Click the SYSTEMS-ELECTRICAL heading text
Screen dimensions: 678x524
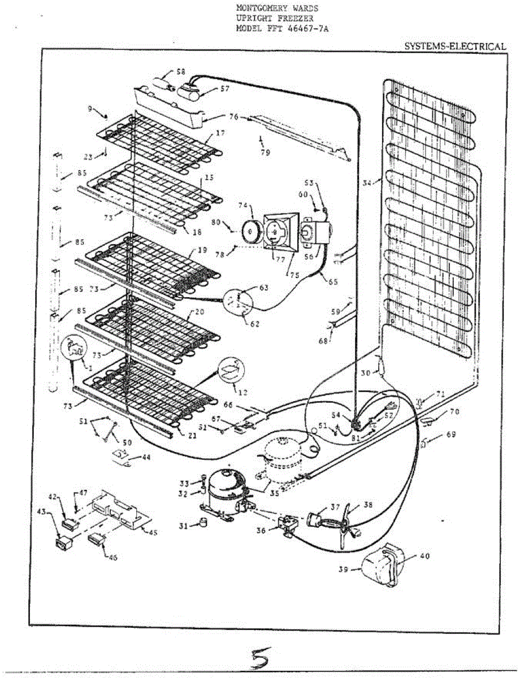[x=455, y=46]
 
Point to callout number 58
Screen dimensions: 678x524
[x=180, y=72]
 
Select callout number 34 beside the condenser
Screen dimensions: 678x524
[x=368, y=182]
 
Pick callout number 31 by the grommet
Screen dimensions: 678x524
[x=183, y=526]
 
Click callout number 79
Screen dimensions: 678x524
[x=265, y=153]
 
